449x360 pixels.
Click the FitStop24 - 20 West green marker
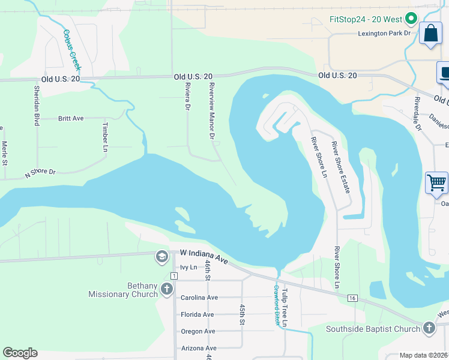click(411, 19)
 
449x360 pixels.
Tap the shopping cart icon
click(436, 182)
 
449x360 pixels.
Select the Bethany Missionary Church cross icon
click(167, 290)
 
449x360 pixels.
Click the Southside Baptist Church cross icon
click(429, 328)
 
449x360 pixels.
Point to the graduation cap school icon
click(161, 257)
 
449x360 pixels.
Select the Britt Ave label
click(71, 119)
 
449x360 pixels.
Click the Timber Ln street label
click(105, 137)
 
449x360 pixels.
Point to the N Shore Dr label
click(40, 173)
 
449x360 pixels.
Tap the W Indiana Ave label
click(204, 258)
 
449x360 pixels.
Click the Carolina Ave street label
click(199, 298)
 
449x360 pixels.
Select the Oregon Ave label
click(197, 331)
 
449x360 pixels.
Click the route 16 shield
click(352, 298)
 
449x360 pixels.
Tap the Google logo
click(20, 353)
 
